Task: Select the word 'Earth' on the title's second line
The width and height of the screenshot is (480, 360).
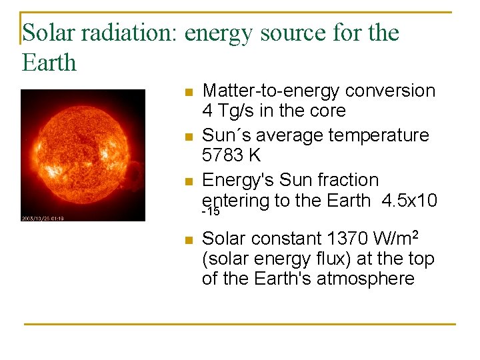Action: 49,63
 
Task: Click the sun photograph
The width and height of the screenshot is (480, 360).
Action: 83,155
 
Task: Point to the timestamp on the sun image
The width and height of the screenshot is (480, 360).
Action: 42,218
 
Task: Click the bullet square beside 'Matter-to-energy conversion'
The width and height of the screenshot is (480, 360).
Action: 189,92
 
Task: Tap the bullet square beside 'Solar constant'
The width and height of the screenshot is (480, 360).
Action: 189,240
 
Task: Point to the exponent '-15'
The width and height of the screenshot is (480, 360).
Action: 211,212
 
